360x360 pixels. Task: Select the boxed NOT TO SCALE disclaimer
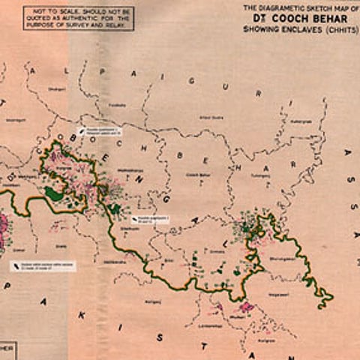click(x=78, y=18)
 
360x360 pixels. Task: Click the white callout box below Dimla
click(x=42, y=266)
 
